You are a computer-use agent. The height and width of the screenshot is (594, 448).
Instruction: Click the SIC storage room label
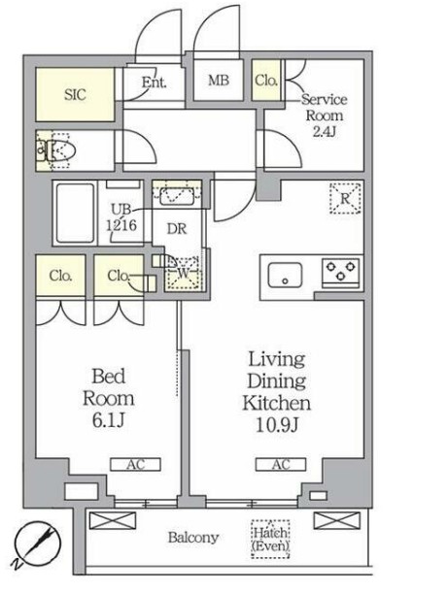point(75,94)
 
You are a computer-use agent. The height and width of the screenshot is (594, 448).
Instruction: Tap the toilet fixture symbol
point(57,150)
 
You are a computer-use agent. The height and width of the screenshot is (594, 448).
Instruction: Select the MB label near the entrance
point(219,80)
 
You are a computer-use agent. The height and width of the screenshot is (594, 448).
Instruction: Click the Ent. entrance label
point(154,82)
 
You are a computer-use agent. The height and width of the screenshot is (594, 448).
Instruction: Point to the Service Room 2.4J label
point(325,115)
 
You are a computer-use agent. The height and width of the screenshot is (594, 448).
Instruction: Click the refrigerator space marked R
point(345,199)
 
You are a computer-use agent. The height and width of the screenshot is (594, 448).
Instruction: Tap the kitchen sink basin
point(286,275)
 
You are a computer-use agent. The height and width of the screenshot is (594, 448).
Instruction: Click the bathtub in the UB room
point(75,213)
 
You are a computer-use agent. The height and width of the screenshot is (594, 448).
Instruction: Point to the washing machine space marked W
point(184,274)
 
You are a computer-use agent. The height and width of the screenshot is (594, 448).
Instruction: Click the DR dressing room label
point(177,229)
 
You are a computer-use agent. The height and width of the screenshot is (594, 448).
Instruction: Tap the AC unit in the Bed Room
point(135,465)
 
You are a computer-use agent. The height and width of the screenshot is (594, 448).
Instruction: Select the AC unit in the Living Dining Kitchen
point(281,465)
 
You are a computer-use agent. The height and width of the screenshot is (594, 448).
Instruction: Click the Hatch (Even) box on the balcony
point(270,539)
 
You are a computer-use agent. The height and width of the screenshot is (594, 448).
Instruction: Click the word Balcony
point(193,537)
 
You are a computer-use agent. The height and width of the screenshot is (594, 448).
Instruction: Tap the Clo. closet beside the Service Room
point(266,80)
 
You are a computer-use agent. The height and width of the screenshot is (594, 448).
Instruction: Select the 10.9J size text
point(277,425)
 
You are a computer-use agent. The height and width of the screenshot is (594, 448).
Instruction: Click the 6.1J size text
point(109,420)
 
